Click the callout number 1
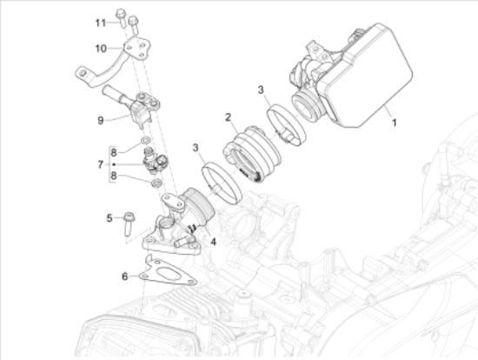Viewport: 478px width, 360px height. point(395,123)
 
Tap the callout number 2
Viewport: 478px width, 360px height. point(229,117)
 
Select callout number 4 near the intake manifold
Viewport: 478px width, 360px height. point(214,242)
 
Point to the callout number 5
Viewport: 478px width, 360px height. point(110,218)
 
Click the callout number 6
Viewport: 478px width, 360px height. point(124,277)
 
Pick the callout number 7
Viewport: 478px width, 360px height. point(101,164)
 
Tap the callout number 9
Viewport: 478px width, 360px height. point(101,121)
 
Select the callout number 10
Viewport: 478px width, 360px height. point(101,48)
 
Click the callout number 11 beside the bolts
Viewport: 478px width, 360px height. point(101,23)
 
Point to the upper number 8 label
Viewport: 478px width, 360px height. point(113,152)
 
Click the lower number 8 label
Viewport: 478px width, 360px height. point(113,176)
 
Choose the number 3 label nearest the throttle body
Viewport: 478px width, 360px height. point(261,90)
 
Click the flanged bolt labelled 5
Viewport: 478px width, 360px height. point(129,224)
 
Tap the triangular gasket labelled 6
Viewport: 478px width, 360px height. point(168,272)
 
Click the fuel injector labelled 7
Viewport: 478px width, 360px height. point(154,161)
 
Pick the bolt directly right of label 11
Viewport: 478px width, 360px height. point(121,17)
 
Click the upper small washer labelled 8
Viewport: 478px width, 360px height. point(146,140)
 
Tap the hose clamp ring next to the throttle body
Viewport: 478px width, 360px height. point(287,124)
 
